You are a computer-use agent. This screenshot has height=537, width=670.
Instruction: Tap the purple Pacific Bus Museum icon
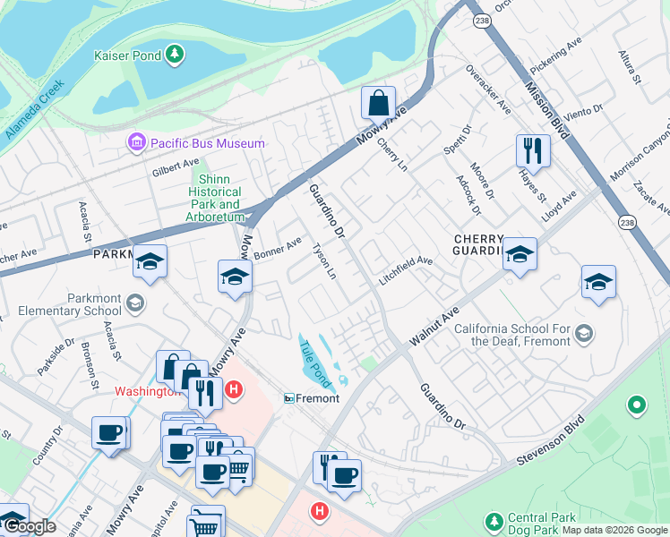point(136,142)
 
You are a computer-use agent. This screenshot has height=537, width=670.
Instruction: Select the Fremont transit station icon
point(290,398)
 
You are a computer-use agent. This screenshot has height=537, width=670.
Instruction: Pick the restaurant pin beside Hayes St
point(533,149)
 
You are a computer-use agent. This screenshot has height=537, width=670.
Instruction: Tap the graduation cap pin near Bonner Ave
point(234,277)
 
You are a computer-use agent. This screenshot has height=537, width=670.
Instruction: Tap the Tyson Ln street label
point(323,259)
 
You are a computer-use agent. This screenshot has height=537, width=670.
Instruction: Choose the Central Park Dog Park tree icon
point(493,520)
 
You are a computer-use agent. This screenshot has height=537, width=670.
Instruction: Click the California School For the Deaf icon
point(584,335)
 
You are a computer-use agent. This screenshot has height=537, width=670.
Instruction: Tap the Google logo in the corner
point(29,526)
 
